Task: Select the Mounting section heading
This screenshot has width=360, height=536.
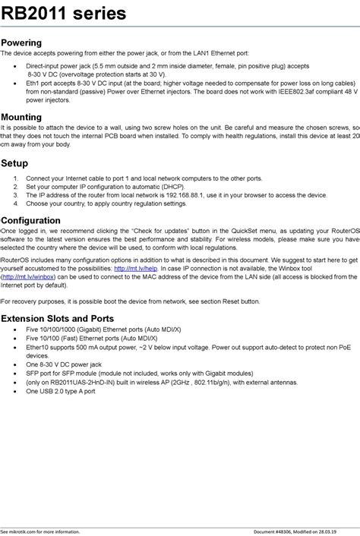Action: (x=22, y=118)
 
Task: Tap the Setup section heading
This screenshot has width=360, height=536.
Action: (x=14, y=163)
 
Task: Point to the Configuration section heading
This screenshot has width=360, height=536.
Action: (x=31, y=221)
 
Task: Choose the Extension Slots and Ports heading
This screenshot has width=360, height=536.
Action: (x=58, y=318)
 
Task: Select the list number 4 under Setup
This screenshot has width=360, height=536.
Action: (x=16, y=203)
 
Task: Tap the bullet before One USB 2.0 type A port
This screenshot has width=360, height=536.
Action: (x=16, y=392)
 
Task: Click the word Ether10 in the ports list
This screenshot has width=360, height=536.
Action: (x=37, y=347)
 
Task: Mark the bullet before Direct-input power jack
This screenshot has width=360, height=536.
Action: (x=16, y=66)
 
